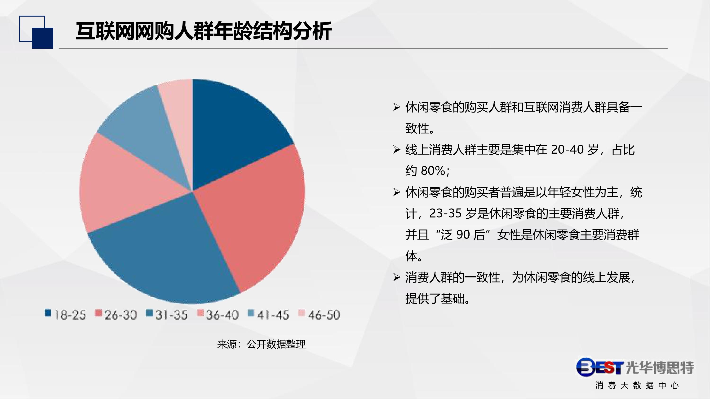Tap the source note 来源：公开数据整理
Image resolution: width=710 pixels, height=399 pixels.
[261, 344]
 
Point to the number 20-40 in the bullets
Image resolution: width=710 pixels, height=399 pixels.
[567, 150]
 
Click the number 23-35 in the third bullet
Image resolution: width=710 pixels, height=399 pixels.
[445, 213]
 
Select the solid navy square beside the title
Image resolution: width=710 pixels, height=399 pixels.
[43, 38]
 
